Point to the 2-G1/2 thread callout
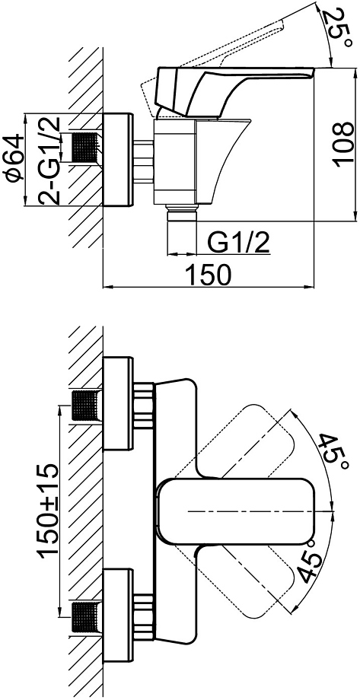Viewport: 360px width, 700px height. tap(50, 161)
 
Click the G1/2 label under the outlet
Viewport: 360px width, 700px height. tap(238, 243)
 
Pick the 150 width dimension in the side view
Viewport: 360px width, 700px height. tap(209, 274)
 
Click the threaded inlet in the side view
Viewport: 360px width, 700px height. tap(85, 148)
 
